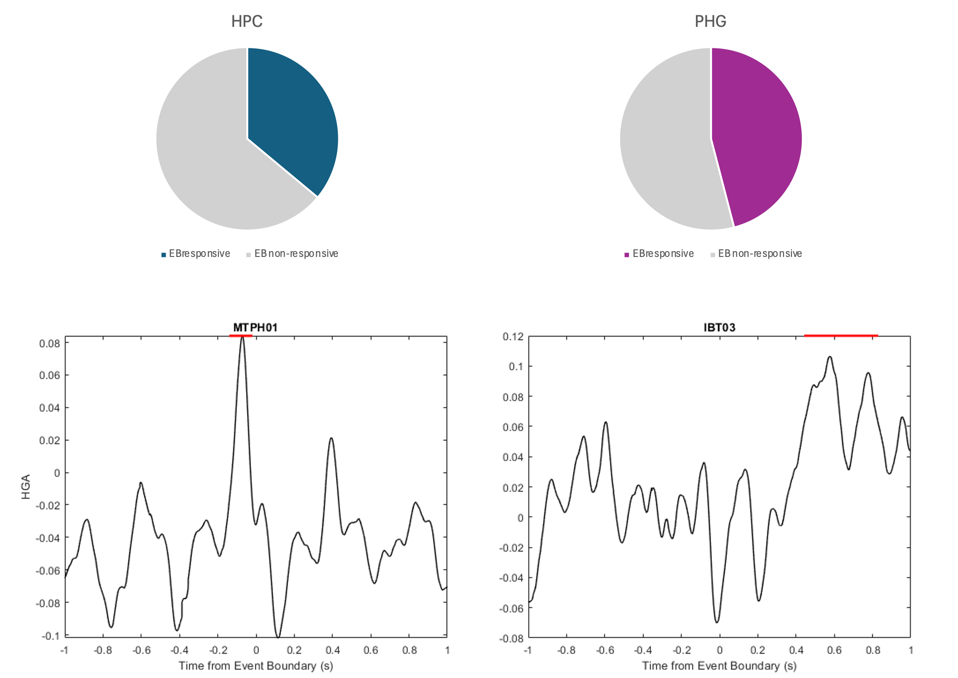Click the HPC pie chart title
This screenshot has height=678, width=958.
(x=247, y=21)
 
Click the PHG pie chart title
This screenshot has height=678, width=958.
(x=710, y=21)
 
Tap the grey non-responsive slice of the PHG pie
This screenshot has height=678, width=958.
(x=664, y=148)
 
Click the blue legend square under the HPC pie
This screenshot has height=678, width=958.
(x=164, y=255)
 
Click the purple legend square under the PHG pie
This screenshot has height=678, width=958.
(x=627, y=255)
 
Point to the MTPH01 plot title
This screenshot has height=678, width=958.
(x=255, y=327)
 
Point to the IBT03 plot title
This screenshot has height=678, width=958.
(x=719, y=327)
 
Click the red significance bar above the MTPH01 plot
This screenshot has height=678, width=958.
(x=241, y=335)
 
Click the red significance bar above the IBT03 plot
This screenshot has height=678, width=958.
(x=840, y=335)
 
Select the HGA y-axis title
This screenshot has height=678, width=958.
(x=26, y=487)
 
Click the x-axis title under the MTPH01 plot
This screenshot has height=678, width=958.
(x=256, y=666)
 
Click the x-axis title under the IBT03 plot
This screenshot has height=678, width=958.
(x=719, y=666)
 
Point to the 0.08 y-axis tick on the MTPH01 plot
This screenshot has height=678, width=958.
(x=49, y=343)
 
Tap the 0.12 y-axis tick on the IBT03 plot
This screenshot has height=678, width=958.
(x=513, y=337)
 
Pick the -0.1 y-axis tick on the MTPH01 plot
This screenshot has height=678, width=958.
(x=50, y=636)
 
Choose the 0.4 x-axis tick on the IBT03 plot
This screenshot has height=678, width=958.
(x=796, y=650)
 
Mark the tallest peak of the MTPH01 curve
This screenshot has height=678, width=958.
(x=242, y=337)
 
